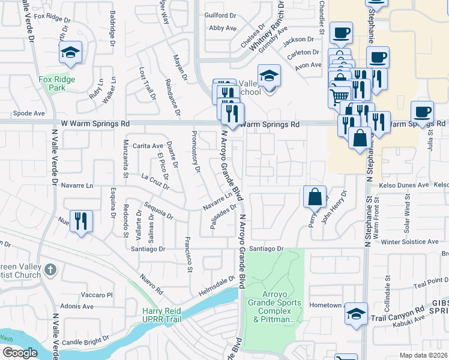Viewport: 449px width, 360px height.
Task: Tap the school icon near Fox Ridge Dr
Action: pos(71,53)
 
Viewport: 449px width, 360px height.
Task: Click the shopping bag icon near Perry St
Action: pos(315,196)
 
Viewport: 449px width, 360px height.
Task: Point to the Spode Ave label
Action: pos(29,113)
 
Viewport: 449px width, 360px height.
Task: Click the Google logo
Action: pos(20,353)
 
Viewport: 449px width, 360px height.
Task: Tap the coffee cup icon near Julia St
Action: pos(422,111)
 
